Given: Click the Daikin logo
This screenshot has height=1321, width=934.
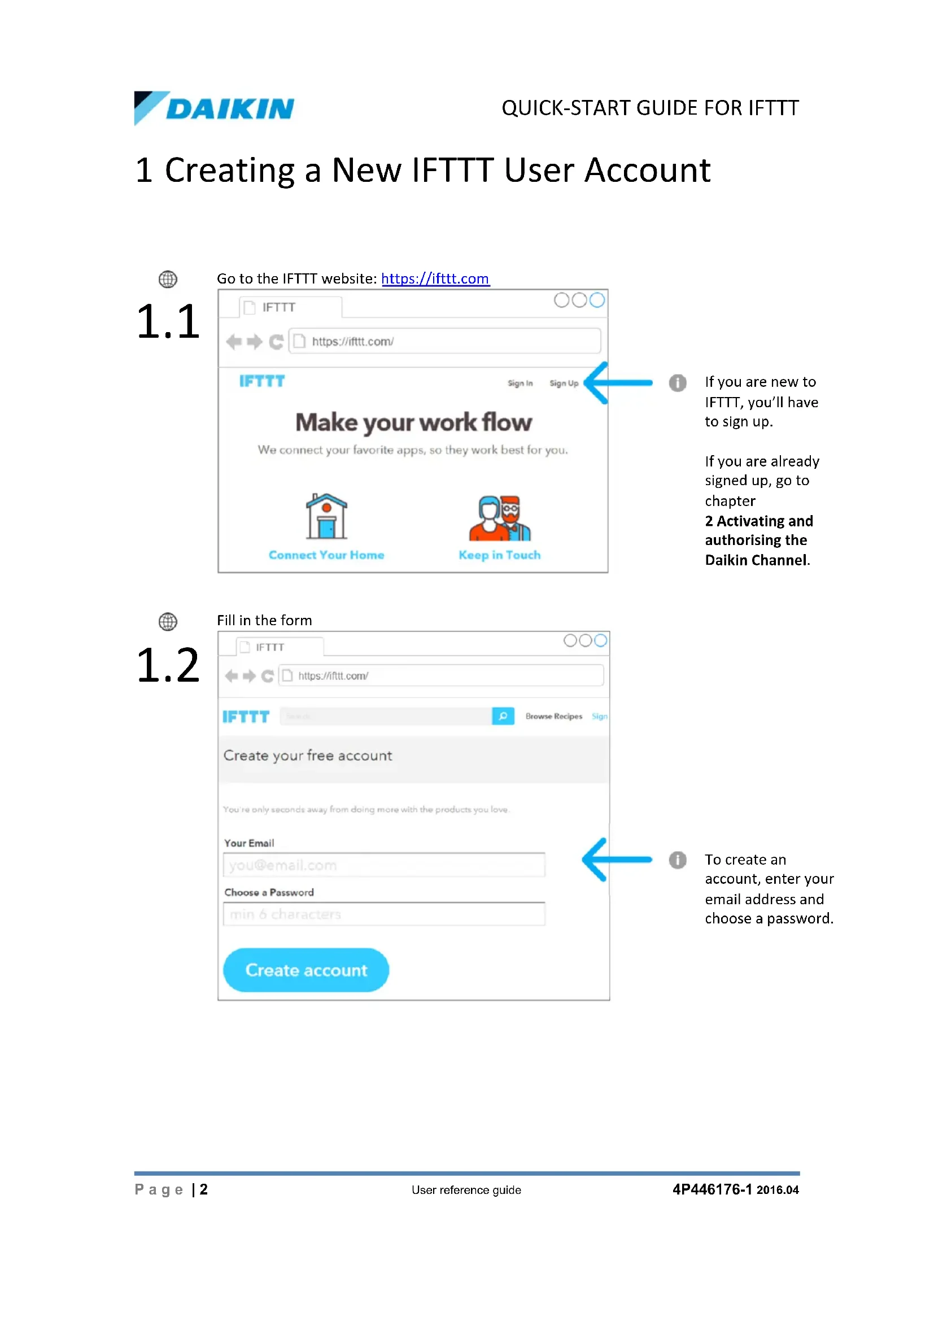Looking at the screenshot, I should point(214,108).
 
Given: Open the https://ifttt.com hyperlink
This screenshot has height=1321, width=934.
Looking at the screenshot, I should point(435,279).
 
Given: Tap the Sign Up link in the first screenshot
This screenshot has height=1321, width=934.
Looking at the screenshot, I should point(564,383).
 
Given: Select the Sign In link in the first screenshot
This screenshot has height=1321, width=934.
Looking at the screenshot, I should point(520,383).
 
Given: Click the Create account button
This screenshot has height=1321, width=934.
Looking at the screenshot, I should point(306,970).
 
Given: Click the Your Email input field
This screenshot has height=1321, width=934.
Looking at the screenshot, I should point(383,865).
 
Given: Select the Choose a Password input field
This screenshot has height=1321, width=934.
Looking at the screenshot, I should point(383,914).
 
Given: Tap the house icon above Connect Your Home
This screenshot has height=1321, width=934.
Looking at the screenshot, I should point(326,516).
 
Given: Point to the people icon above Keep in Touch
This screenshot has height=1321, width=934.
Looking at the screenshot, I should point(500,518).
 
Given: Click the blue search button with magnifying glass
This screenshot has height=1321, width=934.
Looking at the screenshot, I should point(503,716).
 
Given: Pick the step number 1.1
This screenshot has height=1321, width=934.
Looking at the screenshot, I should point(168,321).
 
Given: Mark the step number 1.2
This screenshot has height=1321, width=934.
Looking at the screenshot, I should point(168,666).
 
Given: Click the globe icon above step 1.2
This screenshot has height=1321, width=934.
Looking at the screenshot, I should point(168,621).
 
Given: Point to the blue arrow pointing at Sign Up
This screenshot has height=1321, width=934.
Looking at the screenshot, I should point(618,382).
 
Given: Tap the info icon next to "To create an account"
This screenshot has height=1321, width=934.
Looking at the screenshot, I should point(678,860).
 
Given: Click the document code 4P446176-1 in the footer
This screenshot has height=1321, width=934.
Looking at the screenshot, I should point(712,1190).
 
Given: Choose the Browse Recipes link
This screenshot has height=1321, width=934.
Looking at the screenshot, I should point(553,716).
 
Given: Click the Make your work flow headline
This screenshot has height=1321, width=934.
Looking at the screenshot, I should point(413,423).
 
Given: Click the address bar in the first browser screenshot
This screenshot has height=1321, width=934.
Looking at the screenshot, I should point(444,341).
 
